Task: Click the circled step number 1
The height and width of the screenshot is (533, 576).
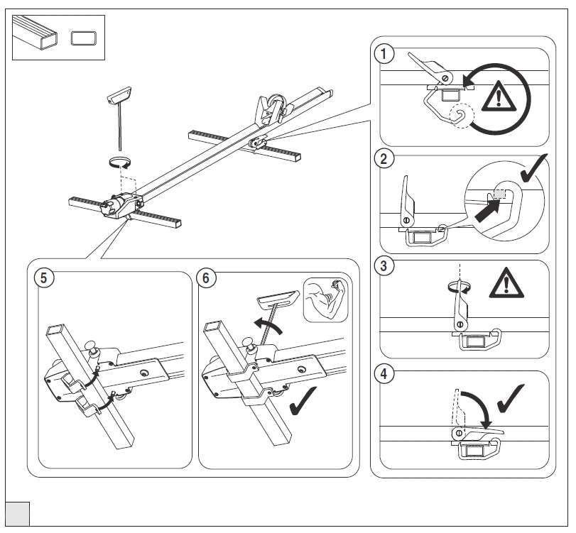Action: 384,54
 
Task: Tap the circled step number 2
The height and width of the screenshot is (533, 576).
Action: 384,159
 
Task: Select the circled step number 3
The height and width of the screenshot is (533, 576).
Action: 384,265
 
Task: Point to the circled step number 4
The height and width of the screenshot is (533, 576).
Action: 384,374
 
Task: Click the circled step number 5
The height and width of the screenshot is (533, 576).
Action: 44,278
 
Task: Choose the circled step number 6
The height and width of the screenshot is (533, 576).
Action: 206,278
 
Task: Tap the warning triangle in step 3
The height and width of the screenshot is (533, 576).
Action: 506,282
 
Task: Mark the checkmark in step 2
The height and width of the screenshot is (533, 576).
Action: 534,167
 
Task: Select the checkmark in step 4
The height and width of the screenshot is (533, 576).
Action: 511,399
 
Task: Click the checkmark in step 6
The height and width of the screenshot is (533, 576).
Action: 303,401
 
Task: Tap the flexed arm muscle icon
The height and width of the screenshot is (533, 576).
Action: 325,300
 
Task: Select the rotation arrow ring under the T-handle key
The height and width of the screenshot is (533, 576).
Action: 119,162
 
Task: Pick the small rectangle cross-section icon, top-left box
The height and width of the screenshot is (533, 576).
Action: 84,38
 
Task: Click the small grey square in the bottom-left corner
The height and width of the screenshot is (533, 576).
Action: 18,514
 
